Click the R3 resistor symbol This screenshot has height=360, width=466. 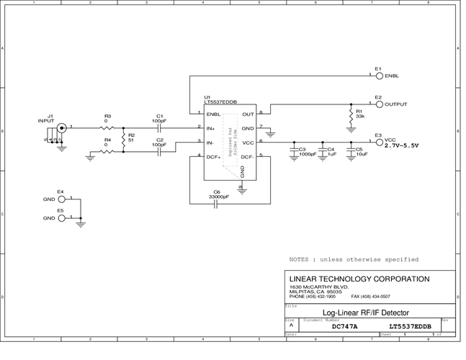point(107,127)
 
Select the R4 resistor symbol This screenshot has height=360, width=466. point(107,152)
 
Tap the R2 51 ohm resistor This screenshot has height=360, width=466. point(123,140)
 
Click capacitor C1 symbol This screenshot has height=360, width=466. point(160,127)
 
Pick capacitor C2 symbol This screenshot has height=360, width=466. point(160,152)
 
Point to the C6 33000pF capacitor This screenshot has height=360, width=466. point(216,204)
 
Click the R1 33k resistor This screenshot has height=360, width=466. point(351,114)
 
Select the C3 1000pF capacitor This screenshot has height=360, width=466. point(294,150)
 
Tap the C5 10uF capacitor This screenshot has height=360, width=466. point(351,150)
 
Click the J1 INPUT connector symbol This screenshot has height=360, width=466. point(61,128)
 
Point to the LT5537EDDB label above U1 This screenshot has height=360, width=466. point(220,103)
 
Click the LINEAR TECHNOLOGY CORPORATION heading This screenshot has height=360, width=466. point(359,279)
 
